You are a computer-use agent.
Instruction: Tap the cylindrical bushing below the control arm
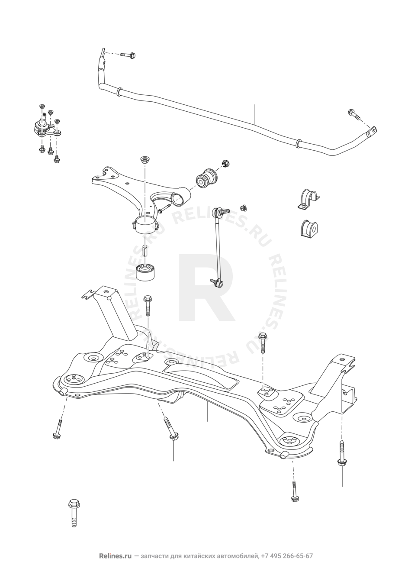click(146, 271)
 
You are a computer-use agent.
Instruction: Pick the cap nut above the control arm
click(145, 159)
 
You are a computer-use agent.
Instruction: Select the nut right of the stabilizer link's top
click(243, 207)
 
